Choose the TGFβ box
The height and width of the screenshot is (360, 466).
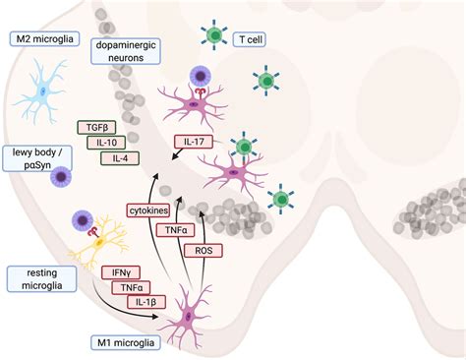point(95,127)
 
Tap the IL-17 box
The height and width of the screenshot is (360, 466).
point(192,143)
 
